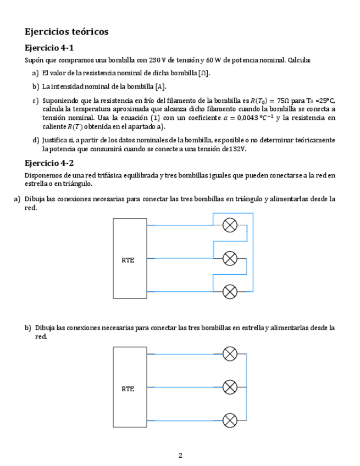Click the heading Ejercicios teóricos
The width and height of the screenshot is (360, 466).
click(67, 32)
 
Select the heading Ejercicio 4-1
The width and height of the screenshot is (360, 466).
click(49, 48)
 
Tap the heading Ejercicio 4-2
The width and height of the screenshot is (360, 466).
click(49, 163)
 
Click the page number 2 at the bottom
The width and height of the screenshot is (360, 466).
click(180, 455)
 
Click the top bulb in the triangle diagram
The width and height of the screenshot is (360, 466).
click(230, 225)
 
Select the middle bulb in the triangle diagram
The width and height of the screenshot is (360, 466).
click(230, 258)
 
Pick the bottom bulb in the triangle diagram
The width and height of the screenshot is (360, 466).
click(230, 291)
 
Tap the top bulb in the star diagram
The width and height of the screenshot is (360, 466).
click(230, 354)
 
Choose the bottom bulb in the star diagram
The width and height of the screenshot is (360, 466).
click(230, 420)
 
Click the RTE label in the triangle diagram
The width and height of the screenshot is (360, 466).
click(128, 260)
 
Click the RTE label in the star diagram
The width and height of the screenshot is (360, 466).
click(128, 389)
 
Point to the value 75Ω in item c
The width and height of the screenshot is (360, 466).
click(283, 101)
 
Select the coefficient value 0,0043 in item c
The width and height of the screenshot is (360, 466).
click(251, 118)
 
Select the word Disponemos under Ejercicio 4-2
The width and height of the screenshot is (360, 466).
click(45, 175)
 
